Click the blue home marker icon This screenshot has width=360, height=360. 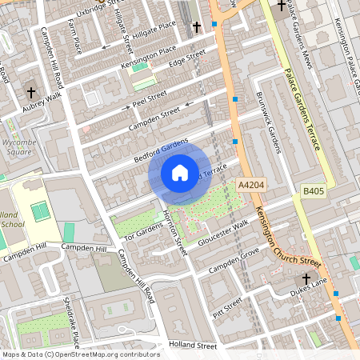[180, 172]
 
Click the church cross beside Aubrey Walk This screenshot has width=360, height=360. [31, 92]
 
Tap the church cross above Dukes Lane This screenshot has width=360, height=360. [305, 279]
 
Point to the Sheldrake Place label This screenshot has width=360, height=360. [71, 322]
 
